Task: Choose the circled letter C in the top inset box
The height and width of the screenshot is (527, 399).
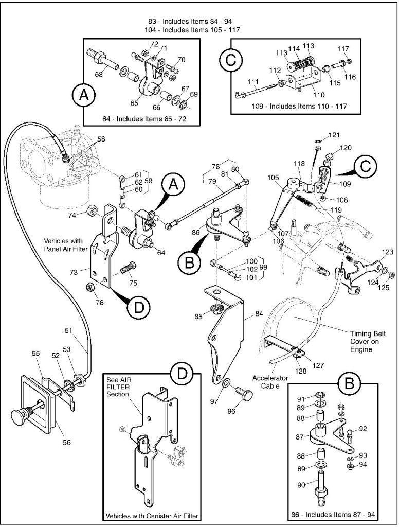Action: pos(230,61)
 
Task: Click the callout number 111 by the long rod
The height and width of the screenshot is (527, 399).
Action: pos(253,82)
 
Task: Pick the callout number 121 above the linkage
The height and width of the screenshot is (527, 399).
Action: pos(335,135)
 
